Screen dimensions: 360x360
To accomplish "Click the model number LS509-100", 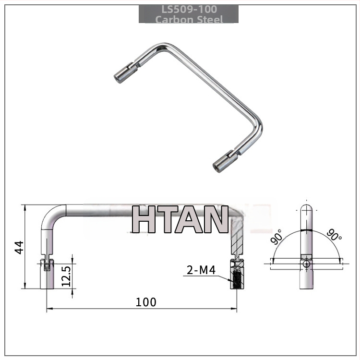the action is coord(189,10).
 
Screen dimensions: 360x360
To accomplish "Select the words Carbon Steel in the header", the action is coord(189,19).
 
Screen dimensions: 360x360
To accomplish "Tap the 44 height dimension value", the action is coord(19,247).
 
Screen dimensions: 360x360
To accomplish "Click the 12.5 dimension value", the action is coord(66,276).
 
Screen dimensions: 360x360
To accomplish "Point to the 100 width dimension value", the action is coord(146,302).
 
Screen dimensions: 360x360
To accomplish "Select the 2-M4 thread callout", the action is coord(201,270).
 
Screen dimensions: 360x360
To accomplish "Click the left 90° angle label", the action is coord(276,237).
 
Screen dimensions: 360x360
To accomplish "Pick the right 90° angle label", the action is coord(334,234).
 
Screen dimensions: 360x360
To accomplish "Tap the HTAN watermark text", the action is coord(180,219).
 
